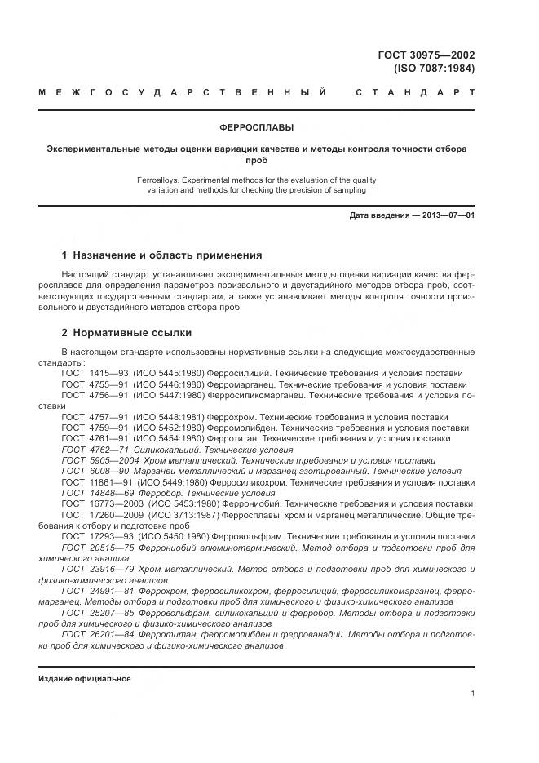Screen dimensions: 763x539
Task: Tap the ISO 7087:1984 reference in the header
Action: (434, 68)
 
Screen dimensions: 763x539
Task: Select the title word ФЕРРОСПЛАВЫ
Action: (257, 127)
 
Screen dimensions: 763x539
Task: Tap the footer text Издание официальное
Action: (85, 678)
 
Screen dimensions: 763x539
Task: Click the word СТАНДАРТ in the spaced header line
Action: (415, 92)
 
